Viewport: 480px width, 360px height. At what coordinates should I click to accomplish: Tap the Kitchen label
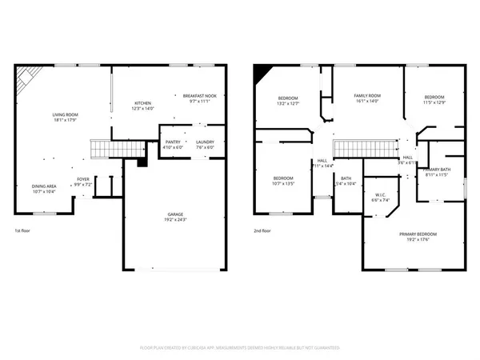point(143,103)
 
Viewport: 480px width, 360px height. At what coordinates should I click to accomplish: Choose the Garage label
point(174,214)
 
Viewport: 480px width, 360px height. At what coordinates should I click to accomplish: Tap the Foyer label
point(83,179)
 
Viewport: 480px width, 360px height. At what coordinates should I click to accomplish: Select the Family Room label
point(367,96)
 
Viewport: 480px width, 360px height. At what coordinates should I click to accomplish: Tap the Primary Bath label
point(438,170)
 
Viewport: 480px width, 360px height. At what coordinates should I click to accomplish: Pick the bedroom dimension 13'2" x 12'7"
point(289,103)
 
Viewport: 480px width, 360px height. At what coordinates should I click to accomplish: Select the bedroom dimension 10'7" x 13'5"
point(284,183)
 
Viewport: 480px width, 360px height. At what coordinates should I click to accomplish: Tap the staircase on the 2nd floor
point(366,148)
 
